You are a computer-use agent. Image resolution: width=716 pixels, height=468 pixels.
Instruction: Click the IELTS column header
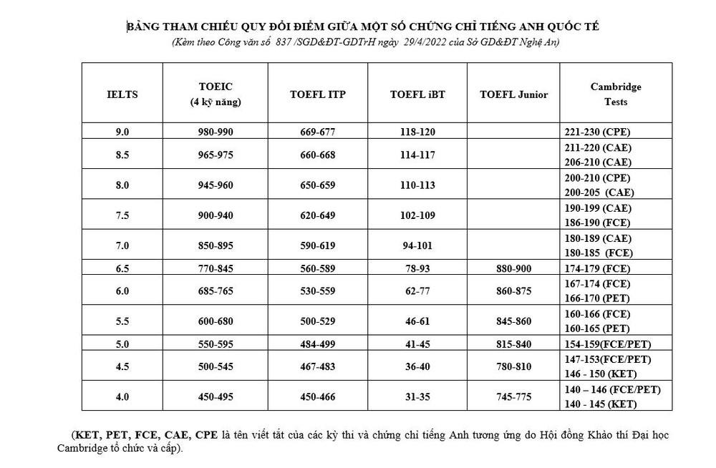pos(122,94)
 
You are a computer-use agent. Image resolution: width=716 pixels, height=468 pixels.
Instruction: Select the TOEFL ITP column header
pos(317,94)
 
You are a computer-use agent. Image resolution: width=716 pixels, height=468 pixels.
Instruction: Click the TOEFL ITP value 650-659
pos(317,185)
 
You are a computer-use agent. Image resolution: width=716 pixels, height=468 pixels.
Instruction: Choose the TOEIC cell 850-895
pos(216,245)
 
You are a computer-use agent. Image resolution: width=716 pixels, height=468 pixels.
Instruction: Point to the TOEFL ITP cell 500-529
pos(317,321)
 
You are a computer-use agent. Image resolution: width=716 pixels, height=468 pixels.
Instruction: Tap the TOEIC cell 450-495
pos(216,396)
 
